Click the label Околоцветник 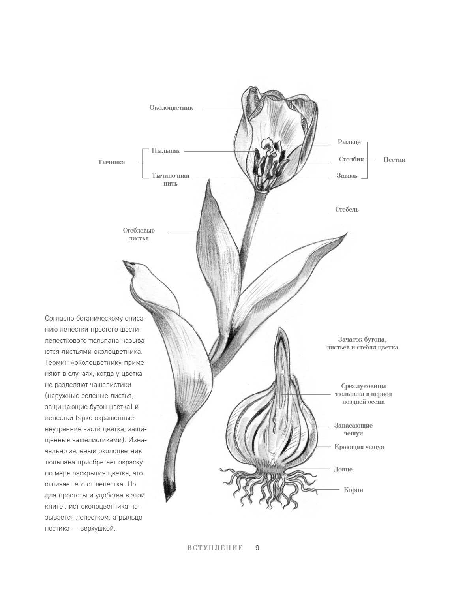click(171, 108)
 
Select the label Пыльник click(165, 151)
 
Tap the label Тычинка click(111, 162)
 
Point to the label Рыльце click(349, 142)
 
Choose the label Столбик click(351, 160)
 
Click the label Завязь click(347, 176)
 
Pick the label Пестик click(394, 160)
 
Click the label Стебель click(347, 209)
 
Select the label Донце click(343, 469)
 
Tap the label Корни click(353, 490)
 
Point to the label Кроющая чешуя click(359, 447)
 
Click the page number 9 click(257, 548)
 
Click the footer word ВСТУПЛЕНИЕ click(215, 548)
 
